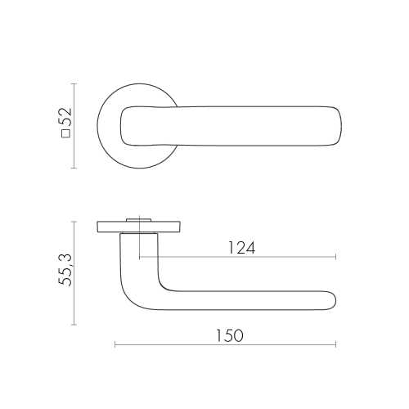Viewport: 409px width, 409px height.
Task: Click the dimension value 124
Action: click(241, 248)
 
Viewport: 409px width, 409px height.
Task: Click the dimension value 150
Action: click(229, 335)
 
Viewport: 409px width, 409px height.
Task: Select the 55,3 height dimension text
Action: click(65, 270)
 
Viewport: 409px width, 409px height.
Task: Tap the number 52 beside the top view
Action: click(65, 117)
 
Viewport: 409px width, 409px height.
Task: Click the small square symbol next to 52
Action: click(66, 134)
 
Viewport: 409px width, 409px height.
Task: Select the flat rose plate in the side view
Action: click(139, 227)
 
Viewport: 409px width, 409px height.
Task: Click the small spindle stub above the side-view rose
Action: click(139, 220)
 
